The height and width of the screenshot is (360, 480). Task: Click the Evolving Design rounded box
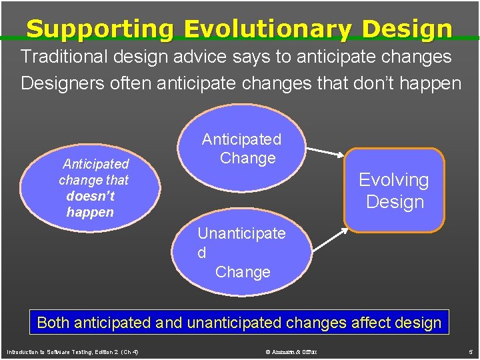393,190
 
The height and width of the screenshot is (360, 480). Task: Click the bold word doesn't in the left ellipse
90,196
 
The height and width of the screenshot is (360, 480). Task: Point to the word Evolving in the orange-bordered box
393,179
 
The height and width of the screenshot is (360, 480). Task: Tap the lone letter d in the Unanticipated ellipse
201,253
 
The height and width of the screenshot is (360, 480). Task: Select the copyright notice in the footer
291,351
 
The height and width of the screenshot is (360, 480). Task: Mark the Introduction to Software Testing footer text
72,351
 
